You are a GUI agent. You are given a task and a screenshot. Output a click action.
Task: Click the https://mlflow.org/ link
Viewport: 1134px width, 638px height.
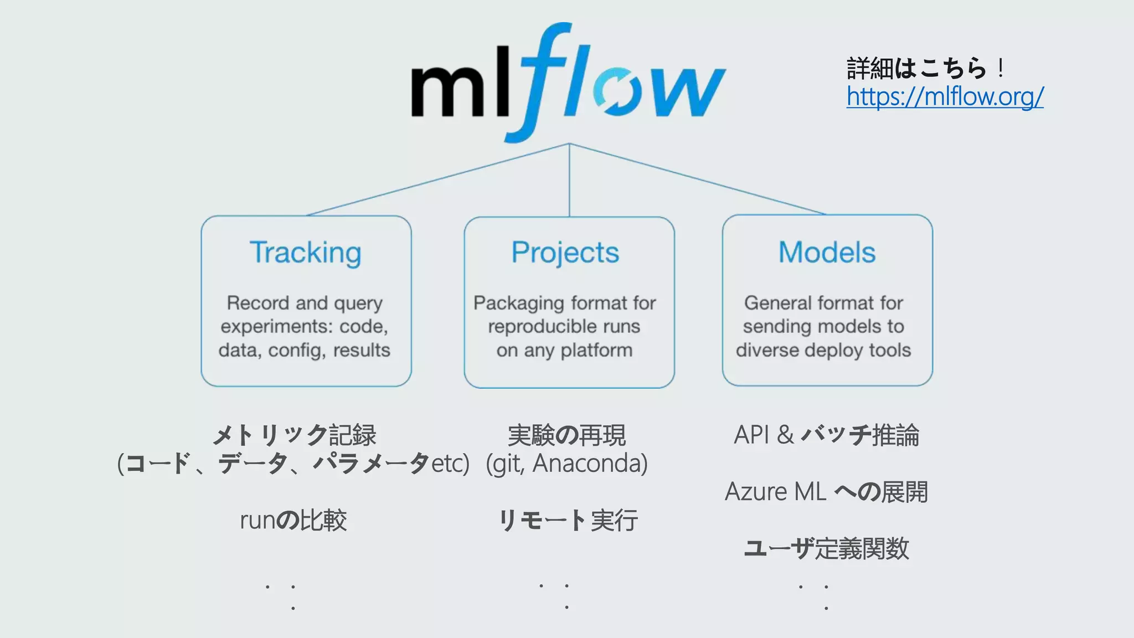tap(945, 96)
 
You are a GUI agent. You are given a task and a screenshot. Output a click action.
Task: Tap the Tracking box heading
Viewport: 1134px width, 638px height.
tap(306, 253)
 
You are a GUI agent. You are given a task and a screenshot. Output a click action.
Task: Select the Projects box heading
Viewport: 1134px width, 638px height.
tap(565, 253)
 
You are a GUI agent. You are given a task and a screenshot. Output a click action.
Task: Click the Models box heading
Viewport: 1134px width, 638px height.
tap(827, 253)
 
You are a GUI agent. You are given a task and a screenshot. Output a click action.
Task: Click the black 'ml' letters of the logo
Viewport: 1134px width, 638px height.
tap(460, 89)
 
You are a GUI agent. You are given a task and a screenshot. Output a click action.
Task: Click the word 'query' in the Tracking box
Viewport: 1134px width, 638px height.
tap(358, 303)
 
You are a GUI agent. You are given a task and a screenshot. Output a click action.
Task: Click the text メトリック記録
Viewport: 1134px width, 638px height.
tap(294, 435)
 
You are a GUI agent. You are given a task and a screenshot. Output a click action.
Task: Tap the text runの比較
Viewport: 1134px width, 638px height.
tap(293, 521)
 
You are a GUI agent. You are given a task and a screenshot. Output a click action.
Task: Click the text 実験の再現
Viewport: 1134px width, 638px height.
tap(566, 435)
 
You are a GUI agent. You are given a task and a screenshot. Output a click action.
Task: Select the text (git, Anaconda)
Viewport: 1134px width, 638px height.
tap(566, 464)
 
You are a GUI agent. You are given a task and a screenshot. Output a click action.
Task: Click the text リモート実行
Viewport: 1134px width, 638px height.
tap(568, 521)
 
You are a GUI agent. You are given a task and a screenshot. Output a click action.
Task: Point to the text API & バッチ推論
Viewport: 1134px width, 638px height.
tap(826, 435)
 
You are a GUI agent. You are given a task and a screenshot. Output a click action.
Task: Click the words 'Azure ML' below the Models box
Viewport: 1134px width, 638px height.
tap(775, 492)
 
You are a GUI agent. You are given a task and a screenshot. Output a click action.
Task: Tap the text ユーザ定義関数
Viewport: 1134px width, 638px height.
tap(826, 548)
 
